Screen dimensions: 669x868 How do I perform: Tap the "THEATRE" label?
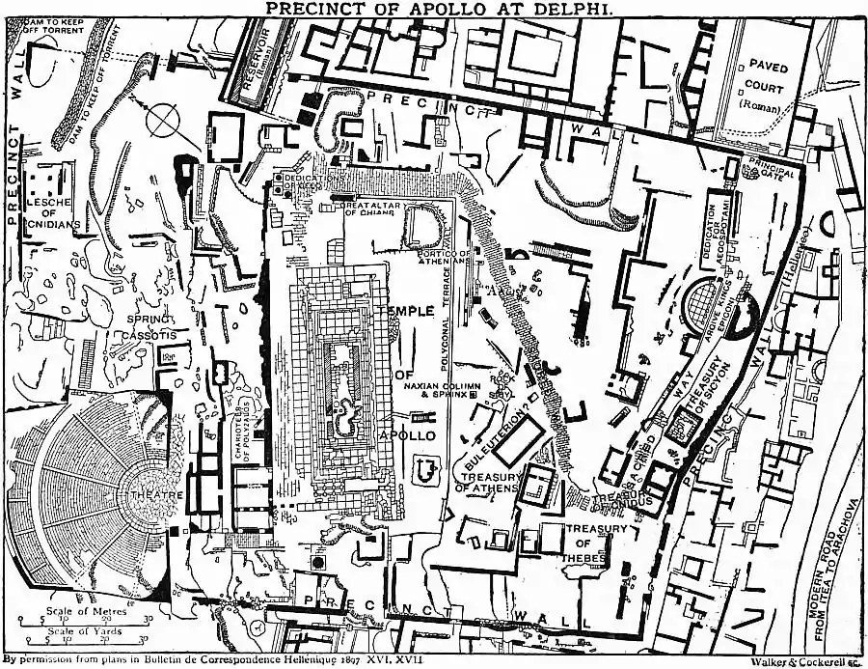tap(165, 495)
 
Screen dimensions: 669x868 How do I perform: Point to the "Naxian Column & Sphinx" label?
tap(441, 390)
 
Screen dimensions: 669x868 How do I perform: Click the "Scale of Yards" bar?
tap(77, 638)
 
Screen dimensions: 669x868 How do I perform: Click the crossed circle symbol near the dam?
tap(161, 122)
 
